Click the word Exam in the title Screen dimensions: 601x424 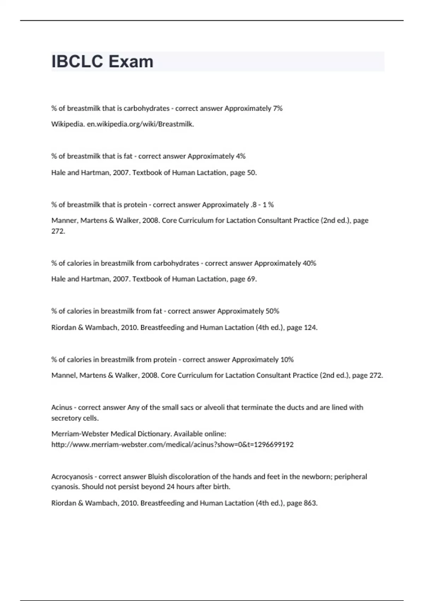(x=131, y=62)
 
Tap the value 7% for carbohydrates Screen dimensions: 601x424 (x=277, y=109)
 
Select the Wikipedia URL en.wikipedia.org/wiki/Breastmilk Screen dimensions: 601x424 (x=140, y=124)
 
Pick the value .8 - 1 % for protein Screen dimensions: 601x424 (x=261, y=205)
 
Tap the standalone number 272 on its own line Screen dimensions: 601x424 (x=58, y=231)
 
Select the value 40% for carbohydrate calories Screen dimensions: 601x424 (x=309, y=263)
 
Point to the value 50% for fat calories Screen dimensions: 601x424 (x=272, y=311)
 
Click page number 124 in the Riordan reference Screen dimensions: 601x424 (x=310, y=328)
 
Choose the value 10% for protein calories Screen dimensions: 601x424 (x=287, y=360)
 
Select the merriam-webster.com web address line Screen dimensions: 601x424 (x=172, y=444)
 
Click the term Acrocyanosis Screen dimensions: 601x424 (x=72, y=477)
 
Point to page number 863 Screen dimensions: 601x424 (x=310, y=503)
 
